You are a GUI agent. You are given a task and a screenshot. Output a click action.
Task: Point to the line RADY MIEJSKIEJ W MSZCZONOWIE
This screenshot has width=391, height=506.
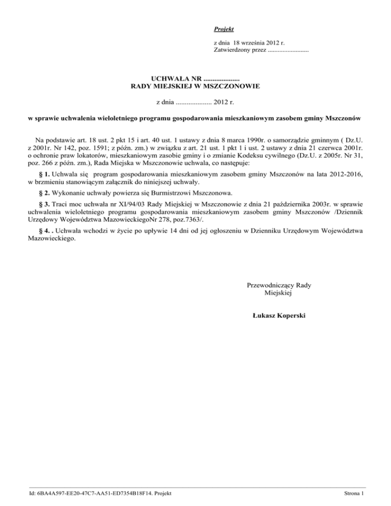pyautogui.click(x=195, y=87)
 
